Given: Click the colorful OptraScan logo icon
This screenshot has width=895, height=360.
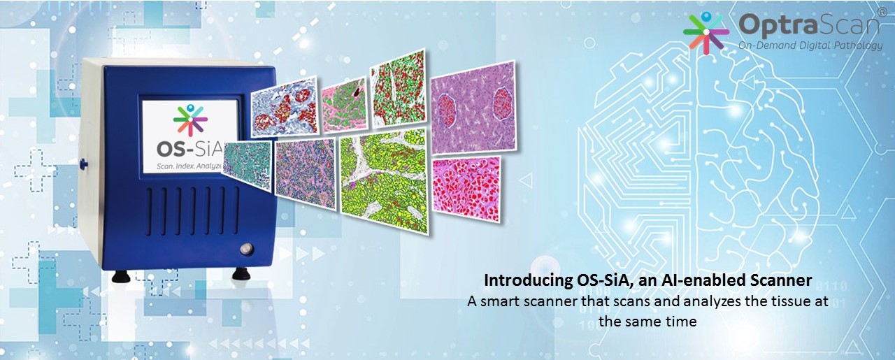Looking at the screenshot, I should [706, 32].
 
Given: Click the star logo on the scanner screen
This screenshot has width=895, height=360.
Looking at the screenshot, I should [191, 120].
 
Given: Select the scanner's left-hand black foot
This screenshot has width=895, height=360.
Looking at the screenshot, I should [121, 277].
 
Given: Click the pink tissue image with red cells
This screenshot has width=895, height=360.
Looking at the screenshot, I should [466, 188].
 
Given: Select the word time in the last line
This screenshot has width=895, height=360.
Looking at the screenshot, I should [682, 321].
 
